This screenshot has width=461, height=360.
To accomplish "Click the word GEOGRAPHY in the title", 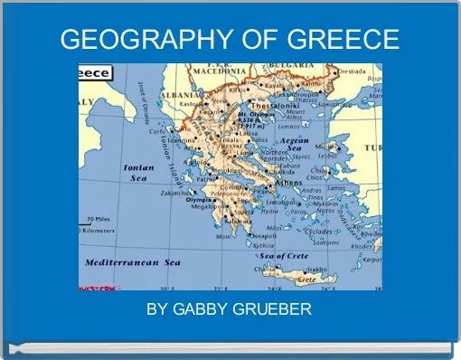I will coord(144,40).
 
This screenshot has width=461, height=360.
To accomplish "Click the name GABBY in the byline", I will coord(197,310).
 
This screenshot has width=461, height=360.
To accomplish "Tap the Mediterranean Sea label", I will coord(133,262).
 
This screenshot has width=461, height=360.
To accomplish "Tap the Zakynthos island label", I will coord(172,193).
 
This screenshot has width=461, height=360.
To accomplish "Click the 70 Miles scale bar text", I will coord(99,220).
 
